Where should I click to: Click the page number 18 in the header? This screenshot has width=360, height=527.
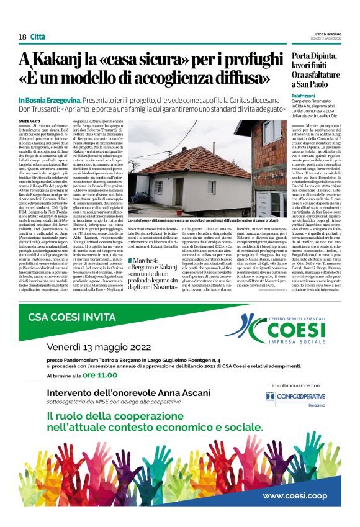[x=22, y=37]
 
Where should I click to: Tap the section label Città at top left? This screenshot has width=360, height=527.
[x=38, y=37]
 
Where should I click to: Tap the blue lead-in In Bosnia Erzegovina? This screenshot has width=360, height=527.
[x=48, y=100]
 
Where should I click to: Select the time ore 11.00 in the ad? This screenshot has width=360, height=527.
[x=100, y=375]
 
